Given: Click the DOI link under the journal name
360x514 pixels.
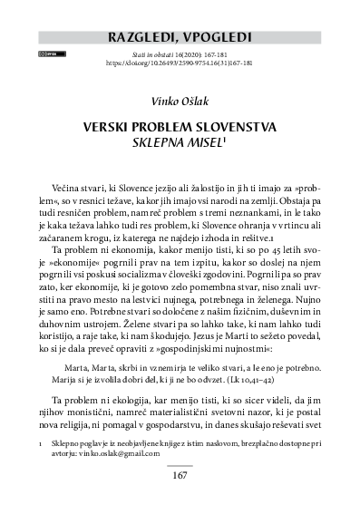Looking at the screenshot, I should point(179,64).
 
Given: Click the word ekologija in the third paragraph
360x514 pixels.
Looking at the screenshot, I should point(147,399).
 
